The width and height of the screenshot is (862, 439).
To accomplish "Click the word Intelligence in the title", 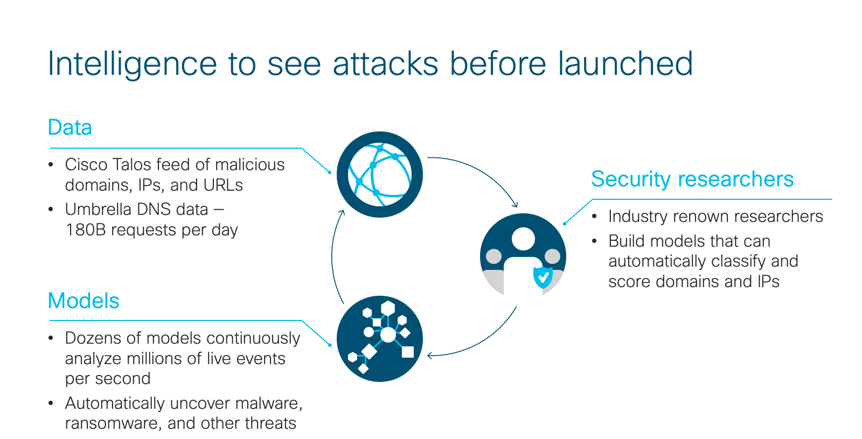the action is [x=133, y=64].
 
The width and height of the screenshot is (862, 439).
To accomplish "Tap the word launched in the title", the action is [x=625, y=63].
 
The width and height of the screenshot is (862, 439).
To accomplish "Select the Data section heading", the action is [x=69, y=127].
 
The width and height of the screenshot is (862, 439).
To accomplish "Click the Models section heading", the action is [x=84, y=301].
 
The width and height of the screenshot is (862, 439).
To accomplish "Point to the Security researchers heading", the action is [x=692, y=179].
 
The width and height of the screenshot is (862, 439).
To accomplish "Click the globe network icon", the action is [x=379, y=175].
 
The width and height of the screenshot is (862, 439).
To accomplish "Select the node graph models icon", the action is [x=379, y=339].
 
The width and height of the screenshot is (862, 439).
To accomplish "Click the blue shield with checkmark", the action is [x=543, y=277].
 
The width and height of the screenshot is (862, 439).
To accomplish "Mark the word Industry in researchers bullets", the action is [x=636, y=217].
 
